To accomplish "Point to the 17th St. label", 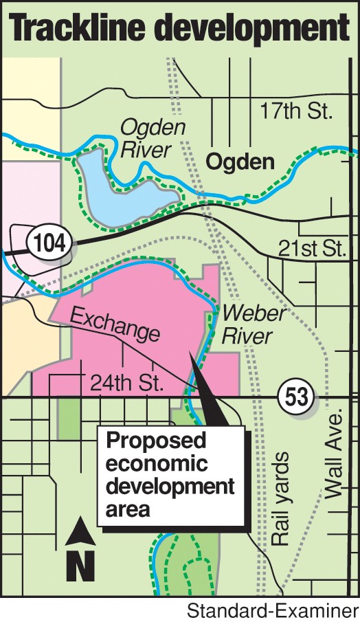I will (297, 110).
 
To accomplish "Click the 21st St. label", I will (311, 249).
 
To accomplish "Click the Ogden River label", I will (144, 137).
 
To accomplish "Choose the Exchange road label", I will (115, 326).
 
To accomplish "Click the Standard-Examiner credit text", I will (273, 611).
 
